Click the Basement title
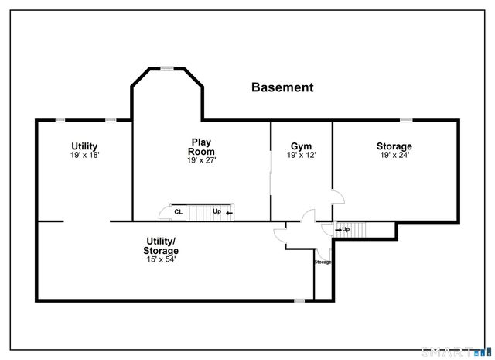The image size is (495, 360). point(282,87)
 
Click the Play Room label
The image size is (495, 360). point(201,146)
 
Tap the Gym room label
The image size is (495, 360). point(301,146)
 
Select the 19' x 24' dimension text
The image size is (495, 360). point(394,155)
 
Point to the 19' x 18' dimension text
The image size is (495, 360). point(84,155)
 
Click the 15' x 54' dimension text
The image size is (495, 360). point(160,259)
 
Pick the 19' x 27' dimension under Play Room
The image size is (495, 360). point(201,160)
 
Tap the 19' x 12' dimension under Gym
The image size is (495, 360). point(301,155)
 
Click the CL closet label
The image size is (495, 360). point(178,211)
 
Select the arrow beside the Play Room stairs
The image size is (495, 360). point(229,211)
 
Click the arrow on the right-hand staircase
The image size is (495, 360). point(339,229)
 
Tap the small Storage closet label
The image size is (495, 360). point(323,262)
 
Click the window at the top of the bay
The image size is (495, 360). point(166,69)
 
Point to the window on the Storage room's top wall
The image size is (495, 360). point(405,119)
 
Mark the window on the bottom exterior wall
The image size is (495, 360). point(299,300)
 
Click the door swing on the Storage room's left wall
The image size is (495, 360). point(337,196)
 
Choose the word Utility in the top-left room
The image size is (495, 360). point(84,146)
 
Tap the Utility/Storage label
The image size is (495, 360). point(160,246)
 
